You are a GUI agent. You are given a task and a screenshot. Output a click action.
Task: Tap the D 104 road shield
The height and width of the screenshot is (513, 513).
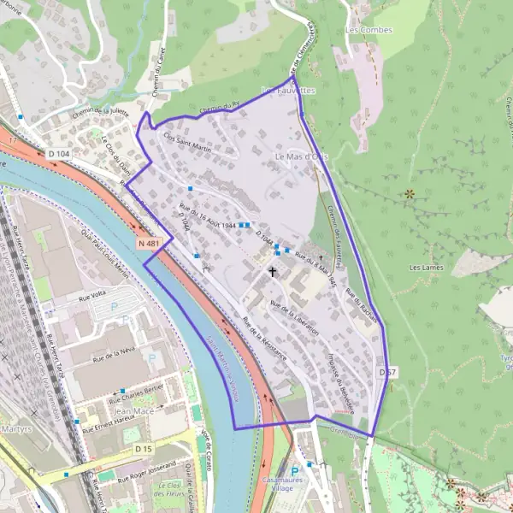(58, 153)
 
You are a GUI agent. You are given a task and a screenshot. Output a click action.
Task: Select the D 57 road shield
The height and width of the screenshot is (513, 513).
(388, 372)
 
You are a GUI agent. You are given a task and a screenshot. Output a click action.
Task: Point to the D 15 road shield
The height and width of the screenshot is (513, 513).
(143, 448)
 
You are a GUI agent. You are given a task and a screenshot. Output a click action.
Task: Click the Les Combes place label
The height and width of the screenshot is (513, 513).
(369, 30)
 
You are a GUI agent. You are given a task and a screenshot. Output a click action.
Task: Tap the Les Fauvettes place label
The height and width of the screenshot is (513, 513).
(288, 89)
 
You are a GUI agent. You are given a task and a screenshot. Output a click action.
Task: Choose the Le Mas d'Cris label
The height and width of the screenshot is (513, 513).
(302, 158)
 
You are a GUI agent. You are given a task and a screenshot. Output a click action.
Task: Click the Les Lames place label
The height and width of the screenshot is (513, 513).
(427, 268)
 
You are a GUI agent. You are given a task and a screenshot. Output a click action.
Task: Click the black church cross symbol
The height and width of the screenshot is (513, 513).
(274, 272)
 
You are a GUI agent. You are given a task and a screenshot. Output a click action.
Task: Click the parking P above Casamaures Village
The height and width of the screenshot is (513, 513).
(295, 469)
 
